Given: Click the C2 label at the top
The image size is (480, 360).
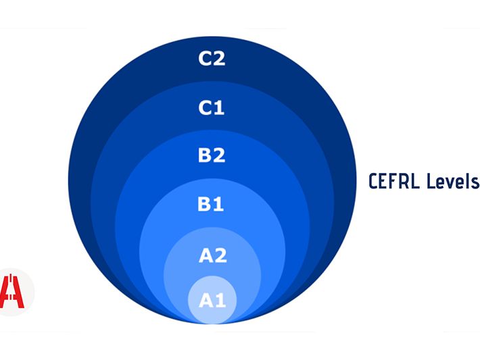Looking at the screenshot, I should [x=212, y=59].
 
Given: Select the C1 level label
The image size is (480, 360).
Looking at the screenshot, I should [x=212, y=107].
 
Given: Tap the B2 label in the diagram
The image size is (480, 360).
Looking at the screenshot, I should [x=212, y=155].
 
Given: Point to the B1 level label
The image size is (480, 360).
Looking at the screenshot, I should [x=211, y=204].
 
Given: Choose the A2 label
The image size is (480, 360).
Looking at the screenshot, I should [x=212, y=255].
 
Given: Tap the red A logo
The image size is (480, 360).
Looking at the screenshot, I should [x=13, y=292].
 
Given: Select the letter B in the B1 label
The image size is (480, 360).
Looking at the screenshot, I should [x=205, y=204].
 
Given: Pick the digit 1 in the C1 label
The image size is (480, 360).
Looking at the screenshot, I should [x=219, y=107].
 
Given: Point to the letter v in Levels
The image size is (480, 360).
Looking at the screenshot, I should [x=451, y=183].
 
